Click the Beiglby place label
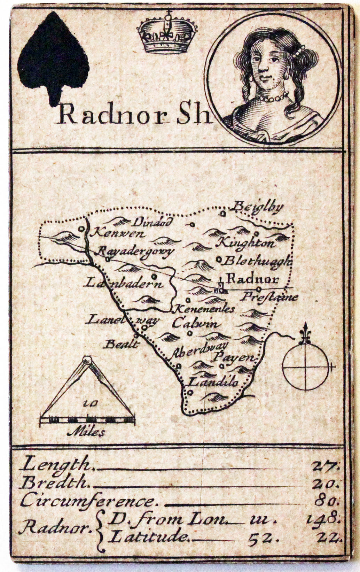258,207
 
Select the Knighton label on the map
246,242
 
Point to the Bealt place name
122,345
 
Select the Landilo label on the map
213,382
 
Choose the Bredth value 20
327,483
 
